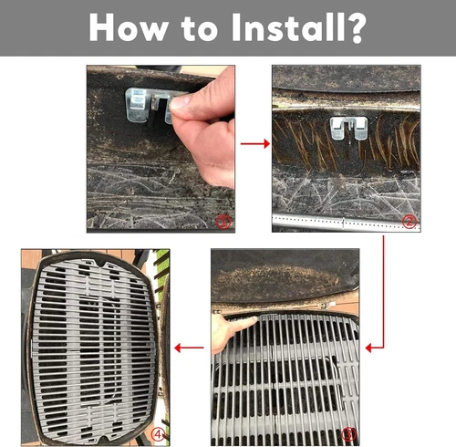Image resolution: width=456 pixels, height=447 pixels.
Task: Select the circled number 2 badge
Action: click(x=409, y=220)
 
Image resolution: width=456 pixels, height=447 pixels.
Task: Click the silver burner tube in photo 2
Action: click(x=347, y=221)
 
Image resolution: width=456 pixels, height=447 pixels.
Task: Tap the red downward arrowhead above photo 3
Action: click(x=380, y=345)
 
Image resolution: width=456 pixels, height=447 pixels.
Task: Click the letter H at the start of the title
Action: click(x=104, y=27)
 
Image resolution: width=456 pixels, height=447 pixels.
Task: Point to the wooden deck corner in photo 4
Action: click(x=31, y=260)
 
